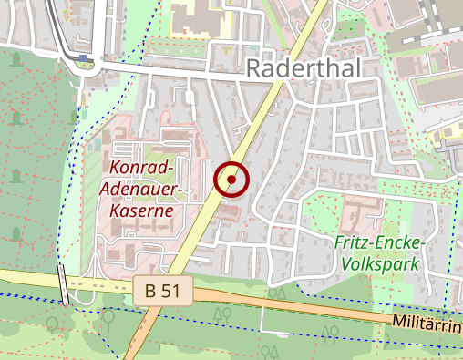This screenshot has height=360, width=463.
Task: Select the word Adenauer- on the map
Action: point(146,189)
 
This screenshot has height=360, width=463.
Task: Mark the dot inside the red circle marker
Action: point(231,180)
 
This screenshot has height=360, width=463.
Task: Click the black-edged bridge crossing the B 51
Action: point(64,286)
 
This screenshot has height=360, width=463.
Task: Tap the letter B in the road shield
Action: point(151,292)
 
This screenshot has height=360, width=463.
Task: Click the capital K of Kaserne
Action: point(115,210)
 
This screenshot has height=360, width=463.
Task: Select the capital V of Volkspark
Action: point(346,263)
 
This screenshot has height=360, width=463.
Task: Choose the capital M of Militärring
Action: point(402,322)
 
